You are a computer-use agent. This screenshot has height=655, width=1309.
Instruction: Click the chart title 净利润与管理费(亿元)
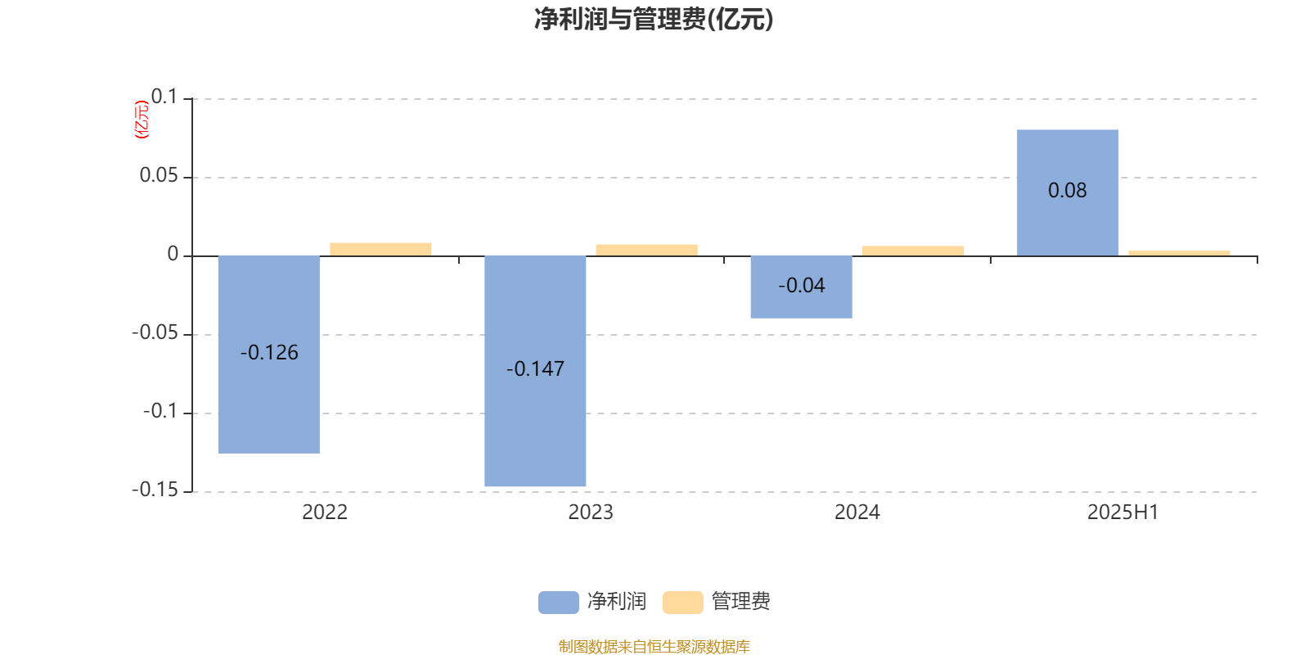[654, 20]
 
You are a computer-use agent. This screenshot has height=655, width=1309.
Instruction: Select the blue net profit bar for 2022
[269, 355]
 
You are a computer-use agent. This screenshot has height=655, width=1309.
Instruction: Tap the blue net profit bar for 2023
[535, 371]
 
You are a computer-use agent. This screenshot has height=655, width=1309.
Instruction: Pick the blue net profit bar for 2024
[801, 287]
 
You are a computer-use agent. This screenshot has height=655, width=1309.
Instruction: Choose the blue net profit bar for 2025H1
[1068, 193]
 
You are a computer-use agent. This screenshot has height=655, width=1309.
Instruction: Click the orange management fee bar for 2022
[380, 250]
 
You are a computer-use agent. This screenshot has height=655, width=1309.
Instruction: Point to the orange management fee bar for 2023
[647, 251]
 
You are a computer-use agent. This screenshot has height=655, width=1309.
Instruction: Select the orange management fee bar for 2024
[913, 251]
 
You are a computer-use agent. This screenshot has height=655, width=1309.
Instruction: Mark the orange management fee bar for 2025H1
[1179, 253]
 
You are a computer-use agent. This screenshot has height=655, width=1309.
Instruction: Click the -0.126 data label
[269, 353]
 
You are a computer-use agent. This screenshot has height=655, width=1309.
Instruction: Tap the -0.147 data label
[535, 369]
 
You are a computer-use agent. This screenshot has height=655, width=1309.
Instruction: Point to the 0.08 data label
[1068, 191]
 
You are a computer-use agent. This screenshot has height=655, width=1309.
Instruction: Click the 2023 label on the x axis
[591, 513]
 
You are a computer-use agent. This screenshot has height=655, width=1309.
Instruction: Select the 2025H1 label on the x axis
[1123, 513]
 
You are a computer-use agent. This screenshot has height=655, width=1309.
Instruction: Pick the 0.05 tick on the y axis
[159, 175]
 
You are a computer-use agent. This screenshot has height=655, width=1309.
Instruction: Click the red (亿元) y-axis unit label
[142, 120]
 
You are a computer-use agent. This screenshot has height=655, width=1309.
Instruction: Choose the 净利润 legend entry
[592, 602]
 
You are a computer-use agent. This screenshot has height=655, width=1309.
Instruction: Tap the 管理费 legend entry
[717, 602]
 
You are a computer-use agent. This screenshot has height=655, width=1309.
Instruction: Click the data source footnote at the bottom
[654, 646]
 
